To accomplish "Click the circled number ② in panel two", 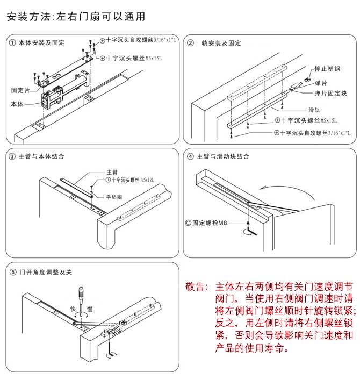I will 190,43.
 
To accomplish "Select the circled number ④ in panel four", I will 190,157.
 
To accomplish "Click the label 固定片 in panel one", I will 20,90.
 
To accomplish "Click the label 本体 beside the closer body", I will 17,103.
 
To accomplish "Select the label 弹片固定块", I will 330,93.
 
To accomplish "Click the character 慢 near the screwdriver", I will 90,309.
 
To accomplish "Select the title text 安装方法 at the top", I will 27,17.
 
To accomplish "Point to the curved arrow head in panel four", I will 260,189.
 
